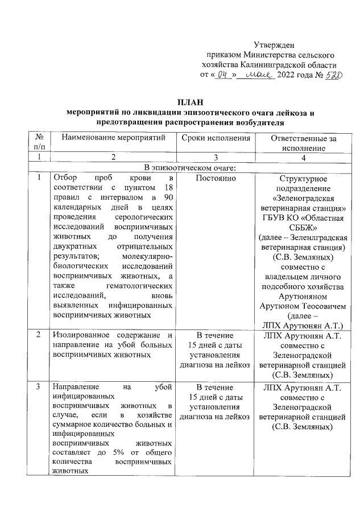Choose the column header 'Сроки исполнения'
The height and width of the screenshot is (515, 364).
coord(216,138)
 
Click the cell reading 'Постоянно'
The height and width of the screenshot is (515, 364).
coord(216,178)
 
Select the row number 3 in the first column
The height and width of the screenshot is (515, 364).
coord(38,388)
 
